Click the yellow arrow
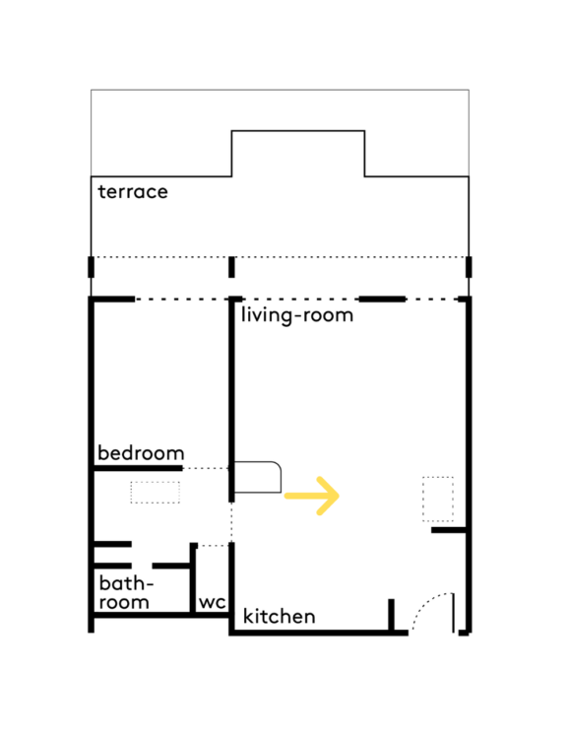pyautogui.click(x=312, y=496)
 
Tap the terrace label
pyautogui.click(x=133, y=191)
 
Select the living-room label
pyautogui.click(x=297, y=315)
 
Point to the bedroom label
pyautogui.click(x=141, y=452)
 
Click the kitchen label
pyautogui.click(x=279, y=616)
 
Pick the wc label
pyautogui.click(x=212, y=602)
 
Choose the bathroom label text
pyautogui.click(x=126, y=593)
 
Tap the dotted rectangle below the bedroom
pyautogui.click(x=155, y=492)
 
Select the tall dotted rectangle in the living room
pyautogui.click(x=438, y=500)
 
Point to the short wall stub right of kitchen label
pyautogui.click(x=391, y=615)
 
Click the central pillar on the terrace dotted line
pyautogui.click(x=231, y=267)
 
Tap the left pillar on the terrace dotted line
pyautogui.click(x=91, y=267)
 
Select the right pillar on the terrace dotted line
pyautogui.click(x=469, y=267)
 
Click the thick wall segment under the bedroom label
pyautogui.click(x=138, y=468)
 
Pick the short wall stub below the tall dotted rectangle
pyautogui.click(x=449, y=530)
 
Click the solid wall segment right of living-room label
pyautogui.click(x=382, y=299)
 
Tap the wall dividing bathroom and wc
pyautogui.click(x=193, y=578)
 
